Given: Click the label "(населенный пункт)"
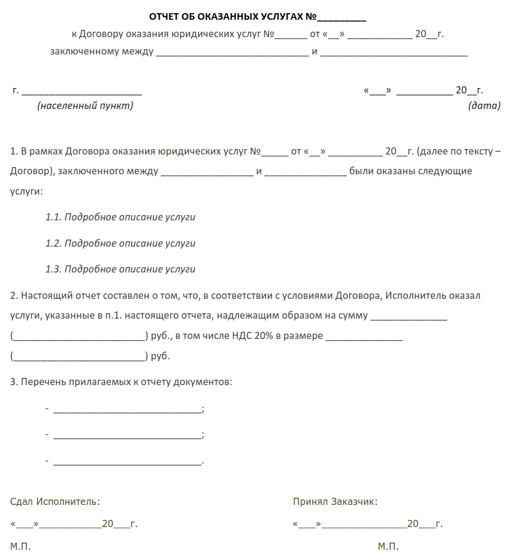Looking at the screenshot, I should [x=85, y=106].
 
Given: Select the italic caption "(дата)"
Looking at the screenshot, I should [x=483, y=106].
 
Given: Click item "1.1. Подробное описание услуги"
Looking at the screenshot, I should [x=120, y=217].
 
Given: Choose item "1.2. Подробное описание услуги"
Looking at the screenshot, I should [x=120, y=244].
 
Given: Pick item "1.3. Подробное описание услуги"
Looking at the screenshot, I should [x=120, y=270].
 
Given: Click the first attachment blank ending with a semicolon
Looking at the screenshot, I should [x=128, y=411].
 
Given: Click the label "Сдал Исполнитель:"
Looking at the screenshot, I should [x=55, y=502].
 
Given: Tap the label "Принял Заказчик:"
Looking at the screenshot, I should [x=335, y=502].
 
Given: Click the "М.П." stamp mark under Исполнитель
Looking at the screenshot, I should [x=20, y=547].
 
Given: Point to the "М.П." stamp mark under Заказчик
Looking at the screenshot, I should [x=388, y=547].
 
